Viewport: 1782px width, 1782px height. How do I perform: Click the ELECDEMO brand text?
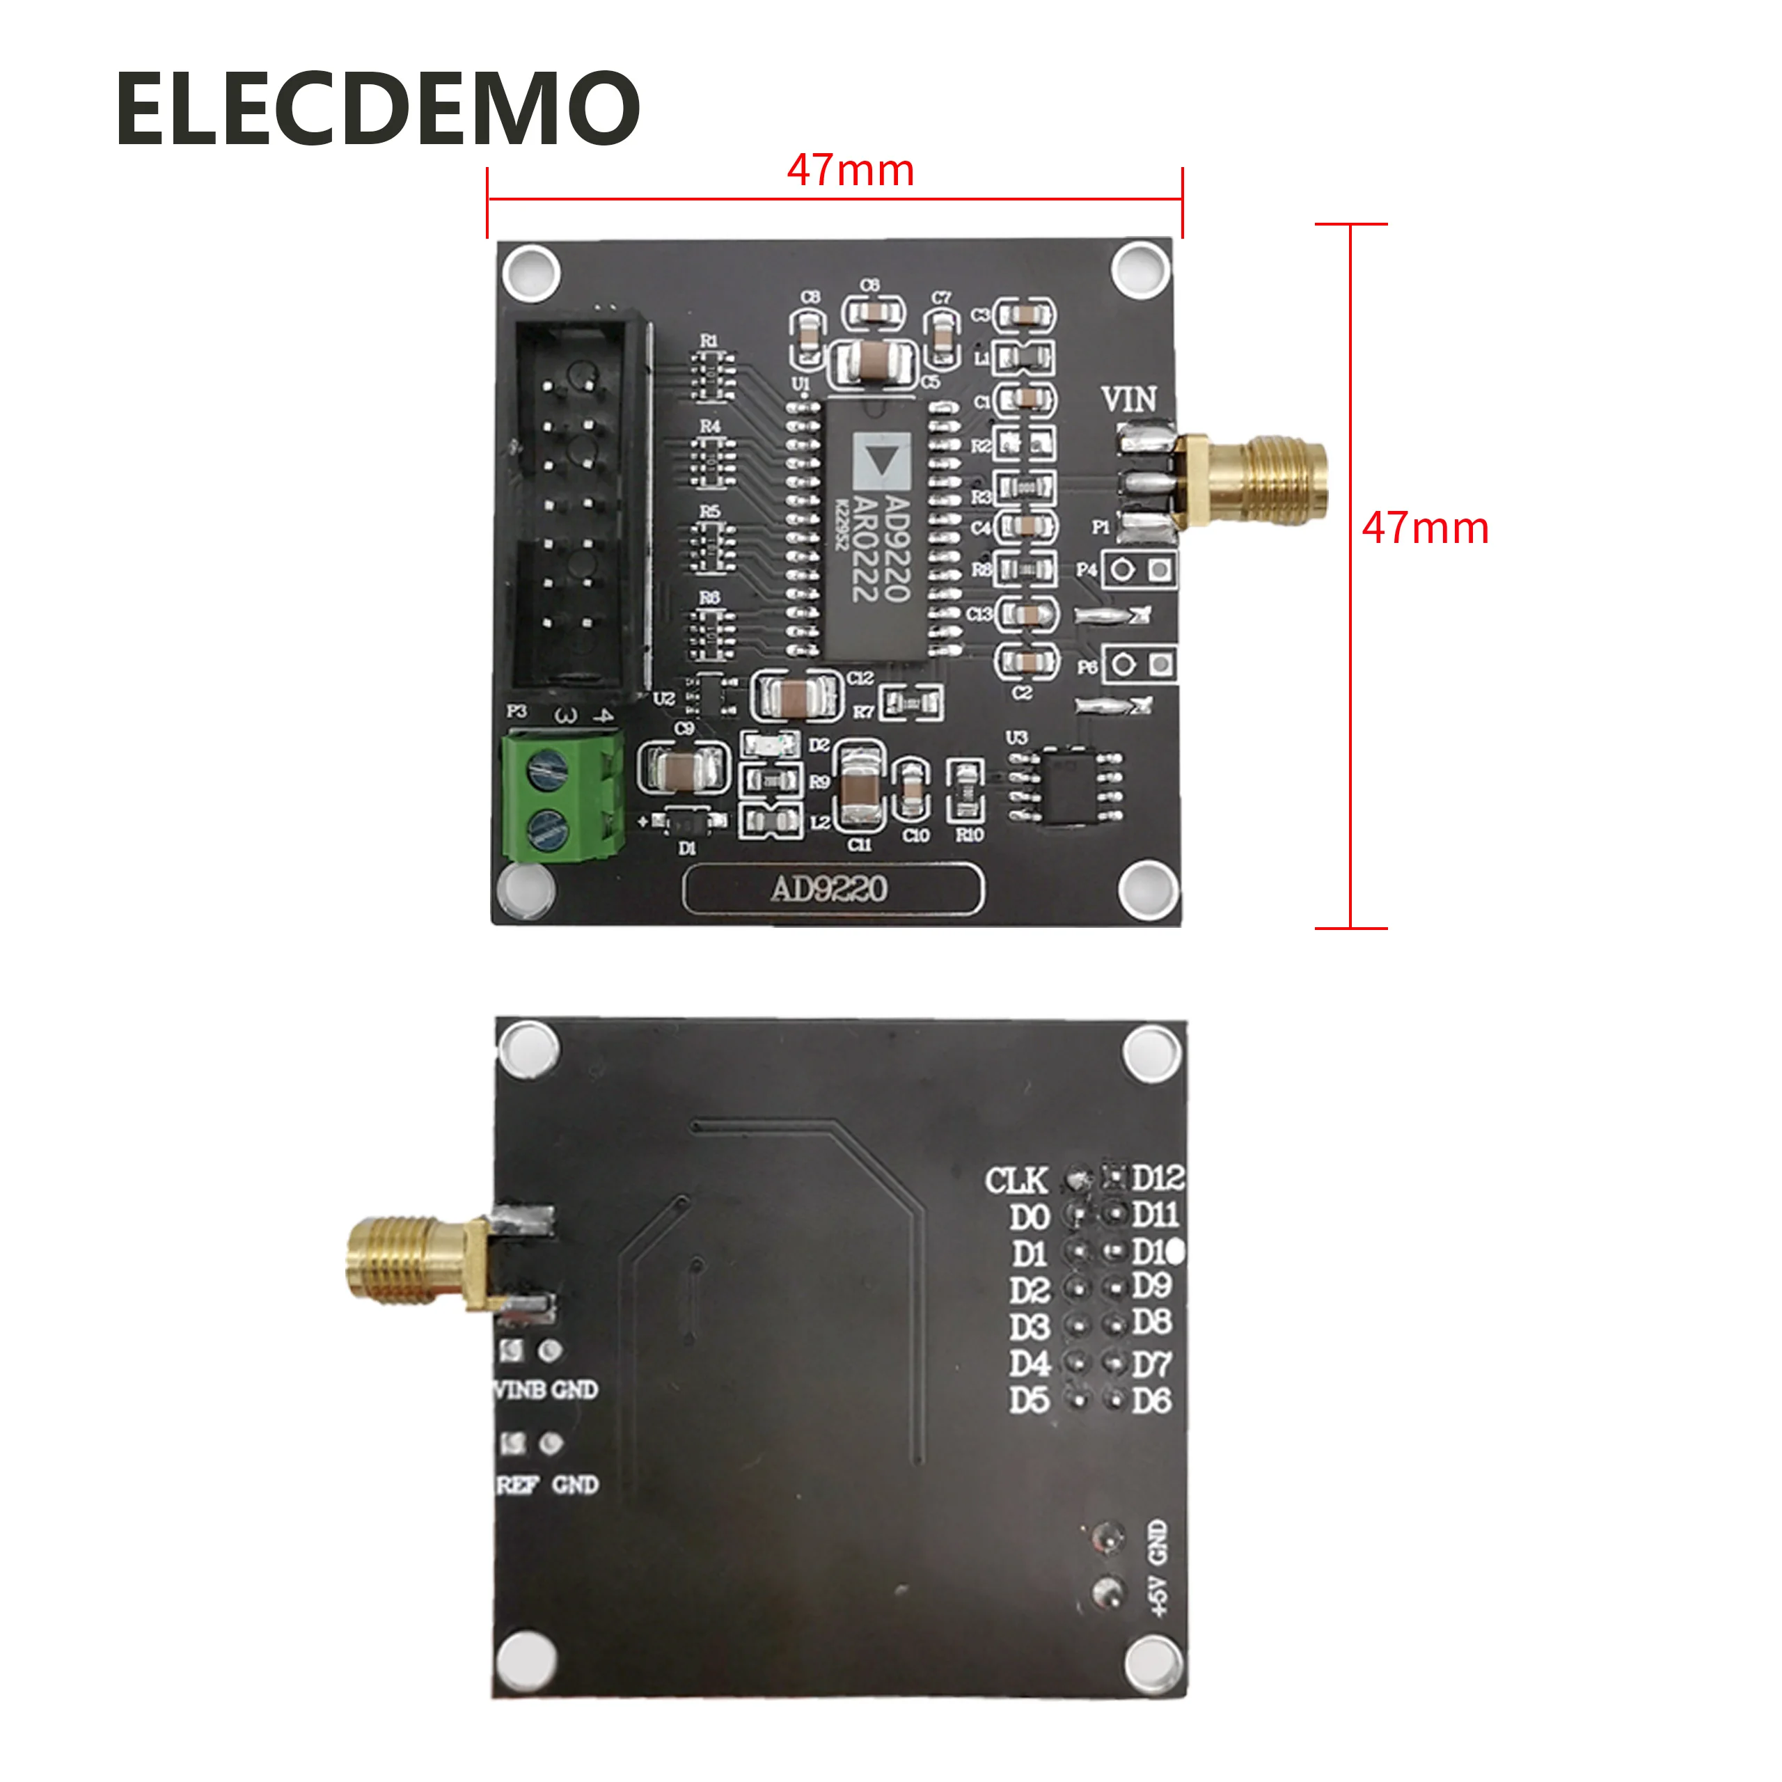(x=377, y=109)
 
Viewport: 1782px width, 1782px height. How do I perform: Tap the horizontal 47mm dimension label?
(x=849, y=171)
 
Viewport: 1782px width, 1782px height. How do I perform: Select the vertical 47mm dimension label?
(x=1424, y=528)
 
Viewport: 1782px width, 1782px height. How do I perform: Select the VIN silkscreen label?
(x=1128, y=400)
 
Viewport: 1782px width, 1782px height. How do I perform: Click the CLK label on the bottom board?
(x=1016, y=1181)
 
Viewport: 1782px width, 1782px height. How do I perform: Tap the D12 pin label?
(x=1158, y=1178)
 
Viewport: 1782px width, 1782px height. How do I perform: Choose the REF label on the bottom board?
(x=517, y=1485)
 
